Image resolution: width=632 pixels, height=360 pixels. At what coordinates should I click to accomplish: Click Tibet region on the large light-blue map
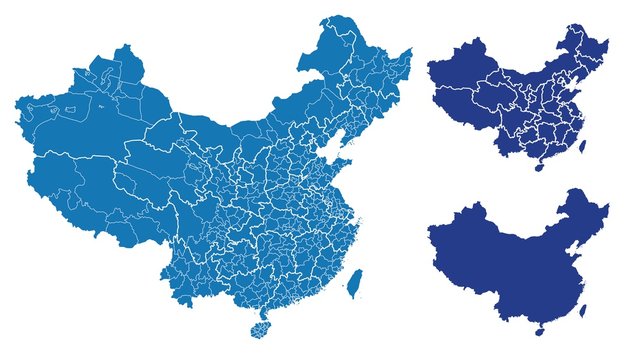pos(90,195)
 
